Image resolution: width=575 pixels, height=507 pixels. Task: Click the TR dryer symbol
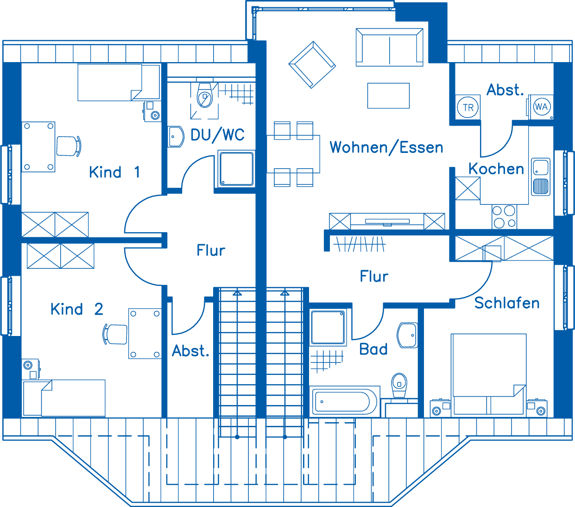(468, 108)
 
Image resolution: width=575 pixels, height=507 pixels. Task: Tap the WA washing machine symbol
(541, 107)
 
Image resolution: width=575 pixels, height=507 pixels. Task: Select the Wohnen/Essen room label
(386, 147)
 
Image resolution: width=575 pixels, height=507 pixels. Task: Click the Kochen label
(496, 169)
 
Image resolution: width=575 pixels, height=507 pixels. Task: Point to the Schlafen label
(507, 303)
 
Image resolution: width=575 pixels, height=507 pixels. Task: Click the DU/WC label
(217, 135)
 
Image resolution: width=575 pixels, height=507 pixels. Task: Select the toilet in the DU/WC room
(204, 95)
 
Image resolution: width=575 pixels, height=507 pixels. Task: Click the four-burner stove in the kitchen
(504, 216)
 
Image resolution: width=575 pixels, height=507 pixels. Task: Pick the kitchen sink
(540, 177)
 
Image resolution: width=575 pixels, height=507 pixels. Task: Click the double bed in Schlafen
(488, 374)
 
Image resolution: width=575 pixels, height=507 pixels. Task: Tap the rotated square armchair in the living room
(312, 64)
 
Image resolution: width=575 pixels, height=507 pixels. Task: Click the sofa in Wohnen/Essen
(389, 47)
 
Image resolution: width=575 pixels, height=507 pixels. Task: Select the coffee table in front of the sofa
(388, 95)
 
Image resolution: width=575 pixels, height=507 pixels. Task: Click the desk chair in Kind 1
(69, 146)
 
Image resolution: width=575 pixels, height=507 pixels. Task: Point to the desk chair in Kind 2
(115, 334)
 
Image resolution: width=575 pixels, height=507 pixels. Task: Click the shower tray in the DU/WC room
(236, 169)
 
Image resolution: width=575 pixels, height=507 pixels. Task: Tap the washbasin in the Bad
(408, 335)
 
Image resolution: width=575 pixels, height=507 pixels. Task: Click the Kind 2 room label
(77, 309)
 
